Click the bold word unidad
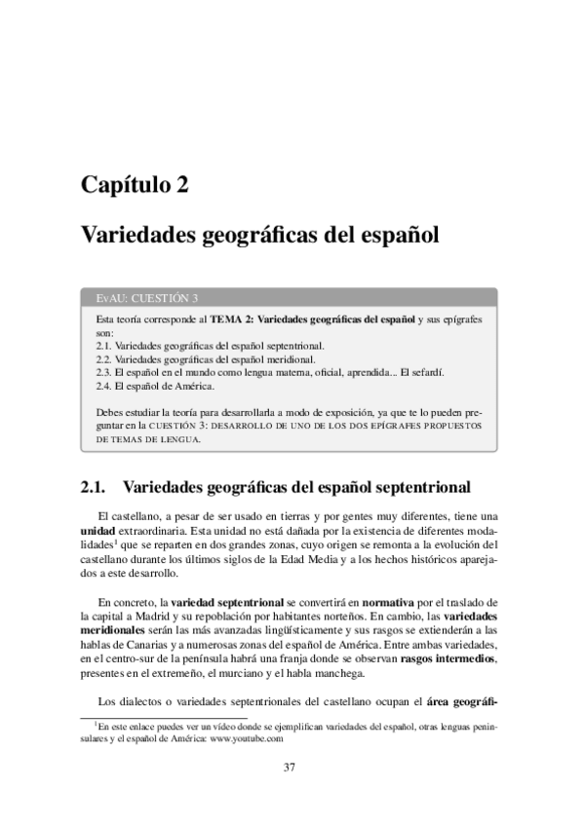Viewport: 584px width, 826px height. coord(97,530)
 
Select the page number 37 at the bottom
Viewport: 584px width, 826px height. coord(290,767)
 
